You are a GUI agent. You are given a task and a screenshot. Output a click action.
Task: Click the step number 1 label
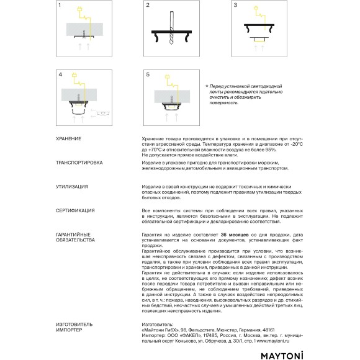click(59, 5)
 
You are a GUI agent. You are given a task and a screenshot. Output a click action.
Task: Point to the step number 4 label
click(60, 74)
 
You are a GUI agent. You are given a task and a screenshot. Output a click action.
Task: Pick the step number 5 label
click(148, 74)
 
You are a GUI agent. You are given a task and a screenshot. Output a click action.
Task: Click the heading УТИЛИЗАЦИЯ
click(71, 186)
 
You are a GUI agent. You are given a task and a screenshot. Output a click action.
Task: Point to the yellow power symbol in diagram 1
click(78, 9)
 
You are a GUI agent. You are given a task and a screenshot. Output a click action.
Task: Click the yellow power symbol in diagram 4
click(74, 78)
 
